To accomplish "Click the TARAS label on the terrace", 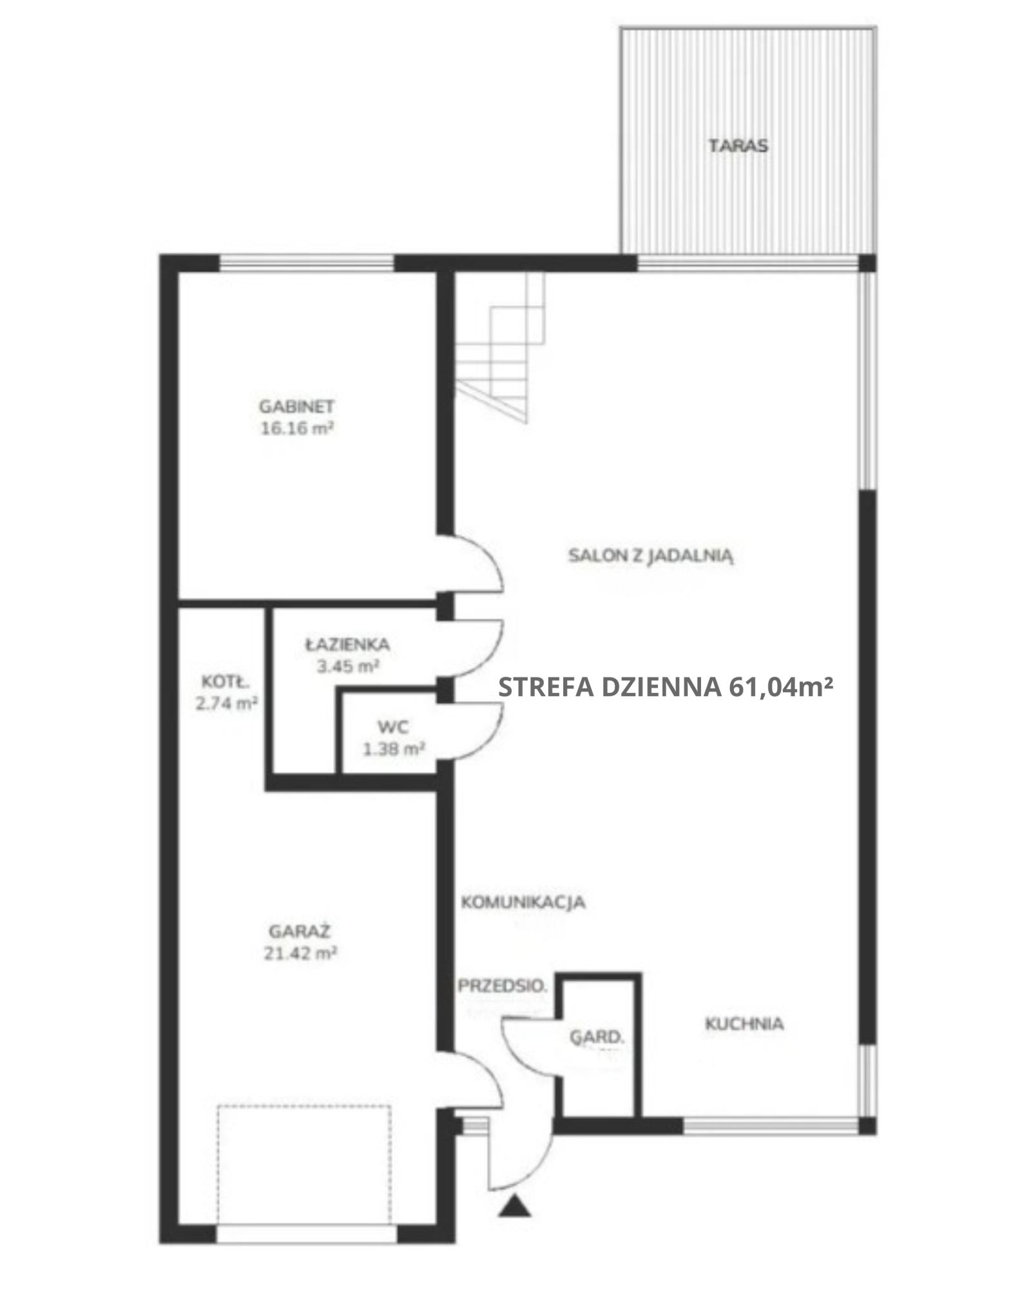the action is tap(738, 146).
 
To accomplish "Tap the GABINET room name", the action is tap(297, 406).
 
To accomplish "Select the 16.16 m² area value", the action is tap(297, 428).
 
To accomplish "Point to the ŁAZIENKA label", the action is tap(347, 644).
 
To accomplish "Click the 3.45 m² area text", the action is tap(347, 666).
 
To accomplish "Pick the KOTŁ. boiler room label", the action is tap(226, 681).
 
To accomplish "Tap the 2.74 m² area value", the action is tap(227, 703).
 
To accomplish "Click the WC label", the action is tap(393, 727).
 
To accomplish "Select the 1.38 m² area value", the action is tap(394, 749).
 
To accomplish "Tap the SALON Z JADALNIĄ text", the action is tap(651, 556).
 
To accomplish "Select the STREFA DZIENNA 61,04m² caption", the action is tap(666, 687).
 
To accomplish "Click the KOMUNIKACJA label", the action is tap(523, 902).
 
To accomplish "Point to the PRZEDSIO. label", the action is tap(503, 985).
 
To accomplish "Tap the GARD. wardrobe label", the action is tap(597, 1038).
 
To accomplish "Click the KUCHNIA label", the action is tap(744, 1023).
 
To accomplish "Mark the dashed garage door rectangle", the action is tap(304, 1163).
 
